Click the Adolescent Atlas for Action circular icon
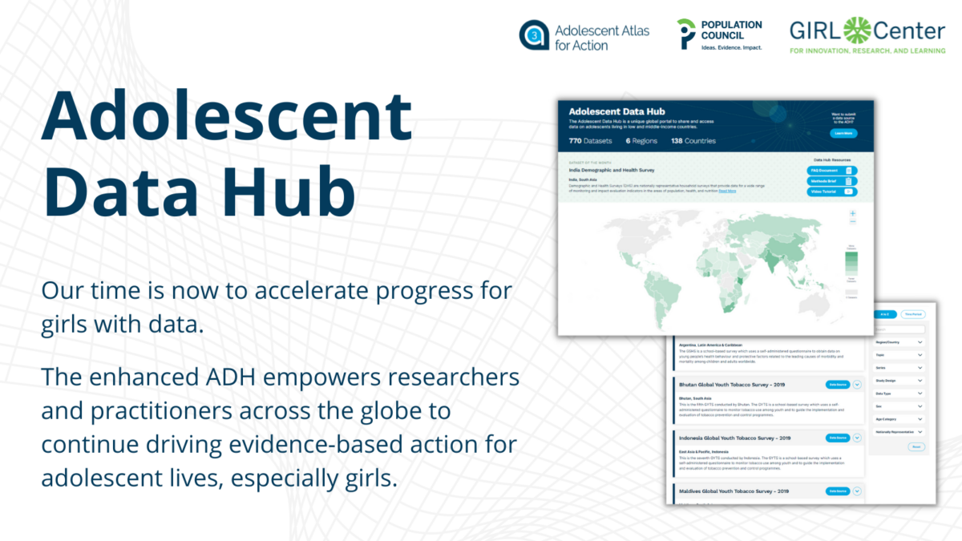tap(534, 35)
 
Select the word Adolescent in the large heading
tap(227, 115)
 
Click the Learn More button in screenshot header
tap(843, 133)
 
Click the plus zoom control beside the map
tap(853, 214)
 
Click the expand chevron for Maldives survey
tap(857, 491)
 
